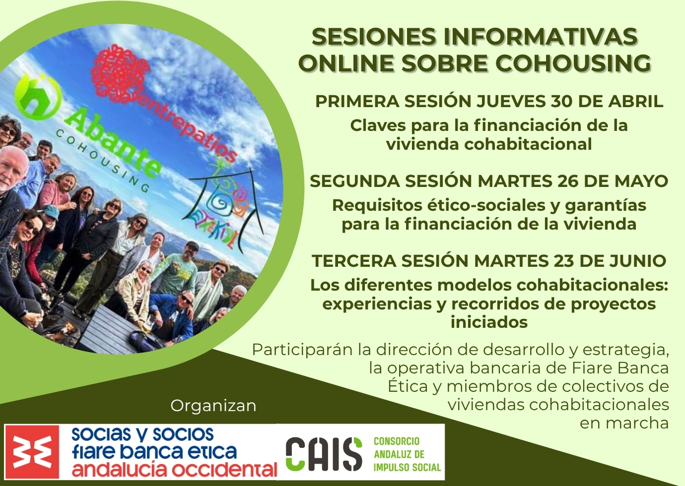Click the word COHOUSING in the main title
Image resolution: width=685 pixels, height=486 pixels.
pyautogui.click(x=573, y=63)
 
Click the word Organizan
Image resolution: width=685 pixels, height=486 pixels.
pyautogui.click(x=213, y=407)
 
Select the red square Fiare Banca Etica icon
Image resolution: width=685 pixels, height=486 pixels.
pyautogui.click(x=32, y=452)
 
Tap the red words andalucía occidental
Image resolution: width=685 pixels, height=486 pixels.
pyautogui.click(x=174, y=469)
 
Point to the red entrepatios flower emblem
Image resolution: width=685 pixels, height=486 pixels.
pyautogui.click(x=121, y=73)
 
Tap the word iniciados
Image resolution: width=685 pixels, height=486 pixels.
pyautogui.click(x=489, y=322)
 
